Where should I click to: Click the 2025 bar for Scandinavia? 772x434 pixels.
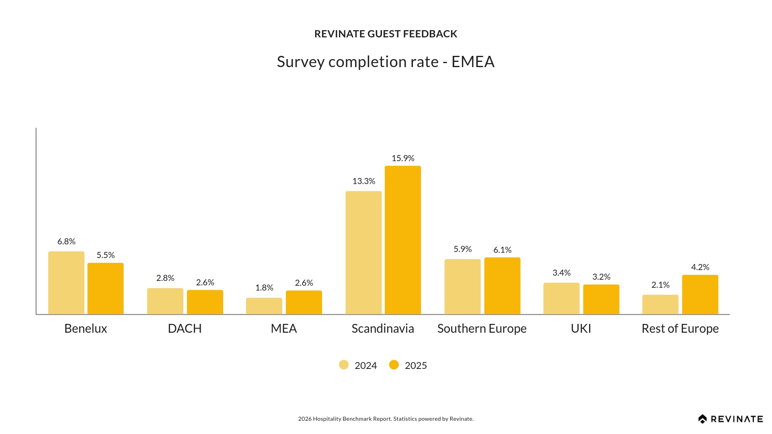403,240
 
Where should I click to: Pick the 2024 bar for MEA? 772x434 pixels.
264,306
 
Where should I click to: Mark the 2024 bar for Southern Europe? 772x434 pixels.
462,287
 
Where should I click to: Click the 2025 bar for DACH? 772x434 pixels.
205,302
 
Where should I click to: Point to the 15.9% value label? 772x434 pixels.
403,158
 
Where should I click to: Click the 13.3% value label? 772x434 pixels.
364,181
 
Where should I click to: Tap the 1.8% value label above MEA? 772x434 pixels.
264,288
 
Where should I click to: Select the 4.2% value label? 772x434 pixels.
700,267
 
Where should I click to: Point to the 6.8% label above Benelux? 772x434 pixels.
66,242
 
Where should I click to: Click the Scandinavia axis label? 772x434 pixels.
383,328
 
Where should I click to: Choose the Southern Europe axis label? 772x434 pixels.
482,328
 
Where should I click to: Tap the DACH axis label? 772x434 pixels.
185,328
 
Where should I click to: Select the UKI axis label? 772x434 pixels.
581,328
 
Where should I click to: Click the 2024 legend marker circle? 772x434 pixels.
344,365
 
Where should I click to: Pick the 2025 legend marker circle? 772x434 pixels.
394,365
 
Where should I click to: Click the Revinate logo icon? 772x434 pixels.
702,419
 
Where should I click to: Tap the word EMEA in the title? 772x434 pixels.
473,62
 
